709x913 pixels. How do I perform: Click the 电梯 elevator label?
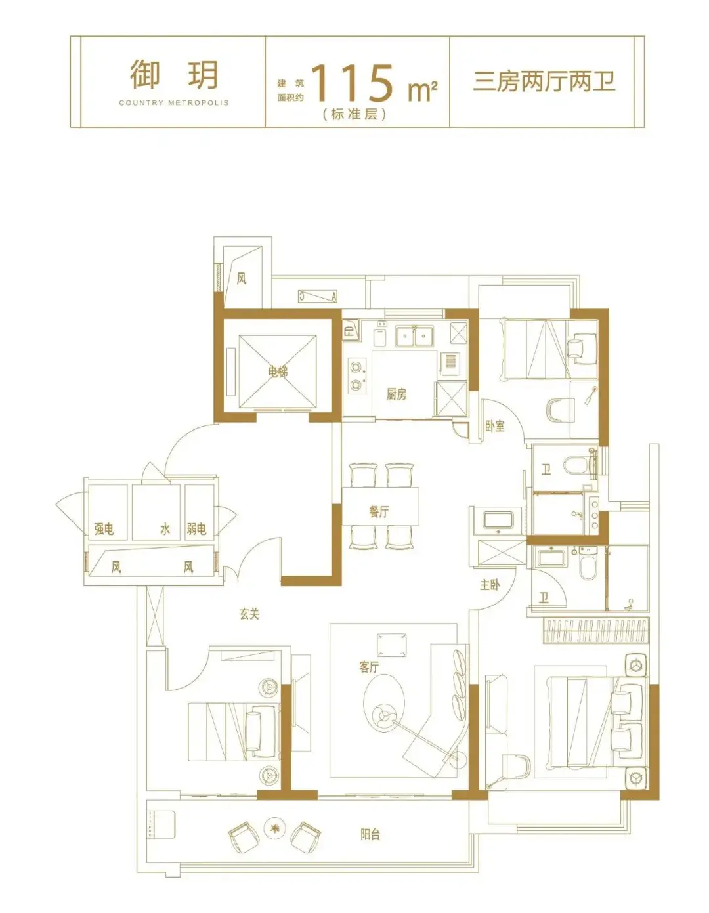click(x=278, y=372)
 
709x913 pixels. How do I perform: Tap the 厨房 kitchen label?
click(x=397, y=394)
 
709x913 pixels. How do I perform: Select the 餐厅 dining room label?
click(x=379, y=512)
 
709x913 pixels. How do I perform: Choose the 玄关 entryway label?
click(x=249, y=614)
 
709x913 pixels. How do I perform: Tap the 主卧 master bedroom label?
click(x=490, y=585)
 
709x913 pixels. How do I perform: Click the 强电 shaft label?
click(x=104, y=530)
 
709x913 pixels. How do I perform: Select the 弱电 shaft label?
click(x=196, y=530)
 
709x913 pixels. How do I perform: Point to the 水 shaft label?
click(x=165, y=530)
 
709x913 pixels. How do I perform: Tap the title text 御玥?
click(x=174, y=75)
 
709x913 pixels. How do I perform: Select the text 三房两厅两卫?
click(x=544, y=81)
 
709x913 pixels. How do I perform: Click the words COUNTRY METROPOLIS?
click(x=174, y=102)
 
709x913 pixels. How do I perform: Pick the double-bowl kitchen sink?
click(x=414, y=336)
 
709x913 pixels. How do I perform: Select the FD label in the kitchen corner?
click(x=349, y=329)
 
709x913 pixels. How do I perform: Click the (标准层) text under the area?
click(x=354, y=115)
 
